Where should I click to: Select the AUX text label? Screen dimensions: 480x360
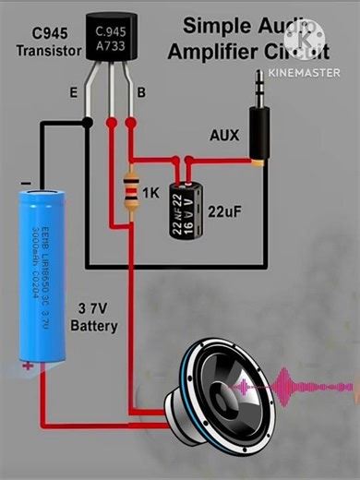[x=223, y=135]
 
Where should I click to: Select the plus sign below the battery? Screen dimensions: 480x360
[x=28, y=366]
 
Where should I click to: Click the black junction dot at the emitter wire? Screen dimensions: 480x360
[x=86, y=122]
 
